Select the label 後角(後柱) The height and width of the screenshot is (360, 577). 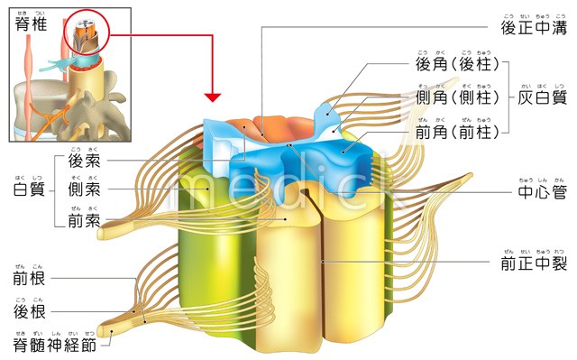point(454,69)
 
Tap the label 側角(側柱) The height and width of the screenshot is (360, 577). point(454,96)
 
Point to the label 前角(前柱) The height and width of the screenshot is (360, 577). point(454,124)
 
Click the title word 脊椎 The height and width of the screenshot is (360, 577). point(29,25)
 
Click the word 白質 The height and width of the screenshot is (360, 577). point(29,189)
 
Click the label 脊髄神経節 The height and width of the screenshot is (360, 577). point(53,344)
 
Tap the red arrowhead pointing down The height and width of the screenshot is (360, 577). point(213,95)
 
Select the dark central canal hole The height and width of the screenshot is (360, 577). point(306,192)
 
